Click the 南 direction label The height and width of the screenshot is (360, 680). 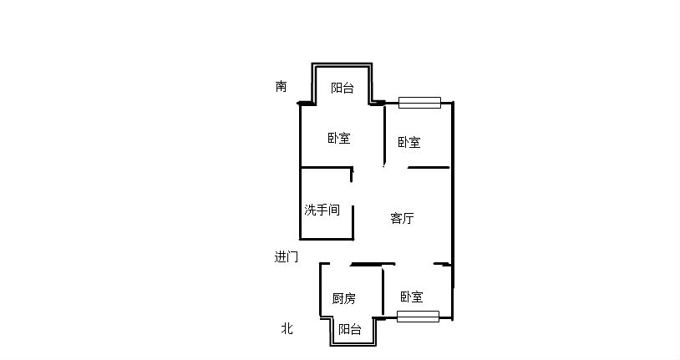281,86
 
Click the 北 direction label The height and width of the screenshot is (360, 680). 287,328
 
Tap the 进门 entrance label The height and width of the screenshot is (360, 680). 287,256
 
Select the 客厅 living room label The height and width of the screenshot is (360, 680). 402,218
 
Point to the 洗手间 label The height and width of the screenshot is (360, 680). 322,210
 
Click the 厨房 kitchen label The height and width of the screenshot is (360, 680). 344,298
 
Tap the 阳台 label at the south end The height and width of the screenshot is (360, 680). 343,88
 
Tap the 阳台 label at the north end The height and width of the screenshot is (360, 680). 350,329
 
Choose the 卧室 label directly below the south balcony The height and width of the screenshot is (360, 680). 338,139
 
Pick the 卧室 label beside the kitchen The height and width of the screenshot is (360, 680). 412,297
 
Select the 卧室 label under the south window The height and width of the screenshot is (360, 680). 409,142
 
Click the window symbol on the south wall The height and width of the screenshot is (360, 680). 420,103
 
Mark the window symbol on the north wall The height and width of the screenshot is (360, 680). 418,317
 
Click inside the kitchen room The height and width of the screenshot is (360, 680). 351,282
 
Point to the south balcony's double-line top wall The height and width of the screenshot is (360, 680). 342,64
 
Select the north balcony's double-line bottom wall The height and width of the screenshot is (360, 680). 353,345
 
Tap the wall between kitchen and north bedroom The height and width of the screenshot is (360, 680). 383,292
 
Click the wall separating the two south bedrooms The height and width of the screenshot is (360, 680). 384,134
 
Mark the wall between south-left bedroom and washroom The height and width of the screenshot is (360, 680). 326,167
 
